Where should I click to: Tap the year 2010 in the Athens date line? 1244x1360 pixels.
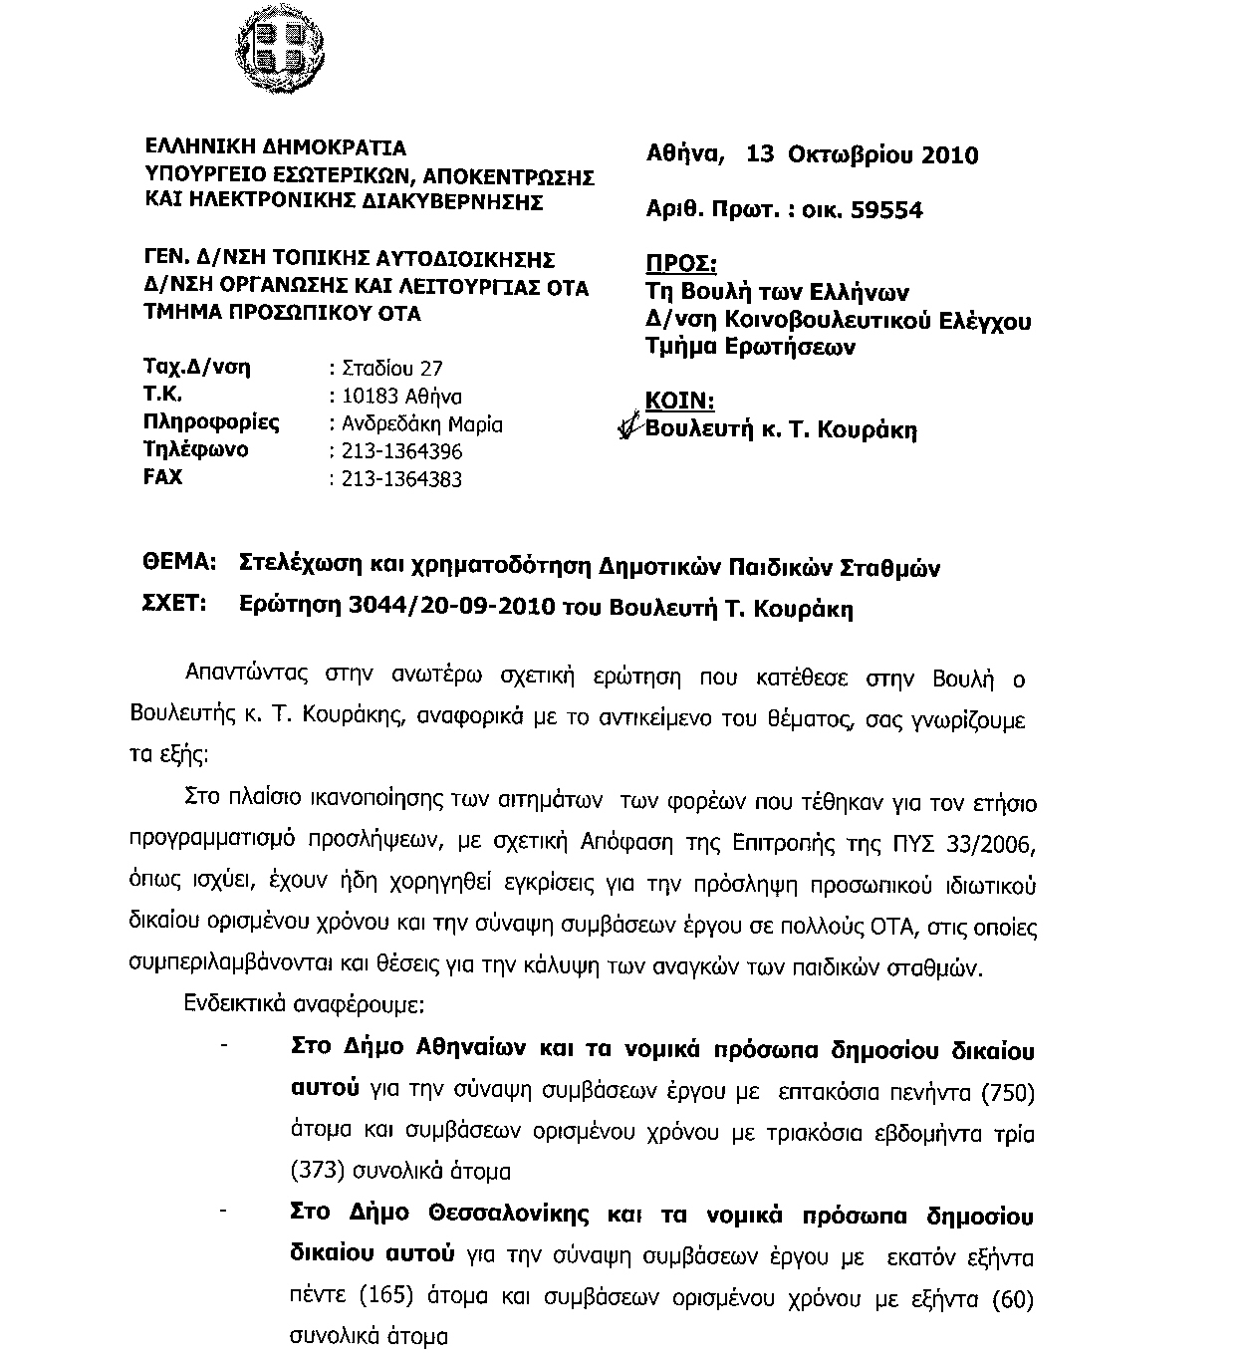point(950,155)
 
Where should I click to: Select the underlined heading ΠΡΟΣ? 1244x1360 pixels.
point(682,264)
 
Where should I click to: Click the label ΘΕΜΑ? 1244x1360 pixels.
point(181,564)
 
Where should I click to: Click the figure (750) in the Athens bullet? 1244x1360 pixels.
point(1008,1093)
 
